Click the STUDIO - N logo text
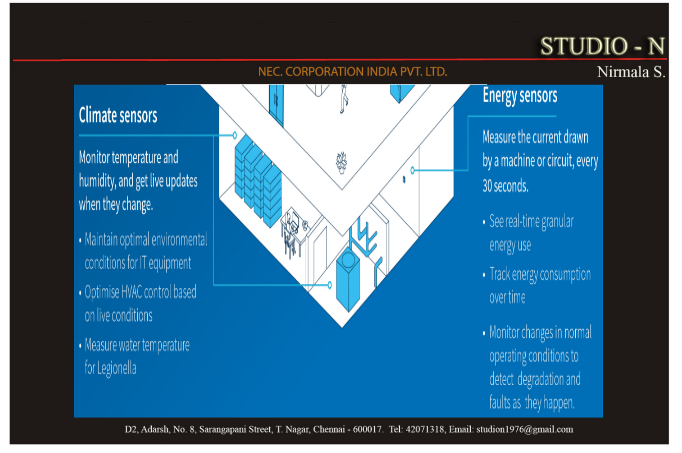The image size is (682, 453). (602, 46)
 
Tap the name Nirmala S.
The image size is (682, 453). (631, 72)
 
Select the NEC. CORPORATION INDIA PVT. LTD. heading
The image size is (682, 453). (352, 72)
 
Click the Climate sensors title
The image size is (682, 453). (118, 115)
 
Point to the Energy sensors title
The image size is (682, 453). (520, 96)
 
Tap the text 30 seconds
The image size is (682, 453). (505, 186)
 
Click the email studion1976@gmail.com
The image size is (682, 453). (525, 429)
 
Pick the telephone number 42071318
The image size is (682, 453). (425, 429)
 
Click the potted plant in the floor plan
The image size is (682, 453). (341, 163)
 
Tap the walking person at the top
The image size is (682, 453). (344, 99)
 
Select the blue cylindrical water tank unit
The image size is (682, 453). (348, 278)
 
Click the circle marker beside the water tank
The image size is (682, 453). (330, 285)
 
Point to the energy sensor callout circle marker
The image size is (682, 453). (413, 170)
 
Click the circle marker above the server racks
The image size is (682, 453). (235, 135)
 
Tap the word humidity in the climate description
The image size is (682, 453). (97, 181)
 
